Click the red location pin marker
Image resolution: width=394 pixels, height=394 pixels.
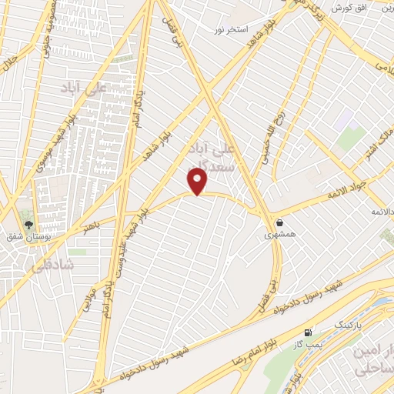(199, 182)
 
